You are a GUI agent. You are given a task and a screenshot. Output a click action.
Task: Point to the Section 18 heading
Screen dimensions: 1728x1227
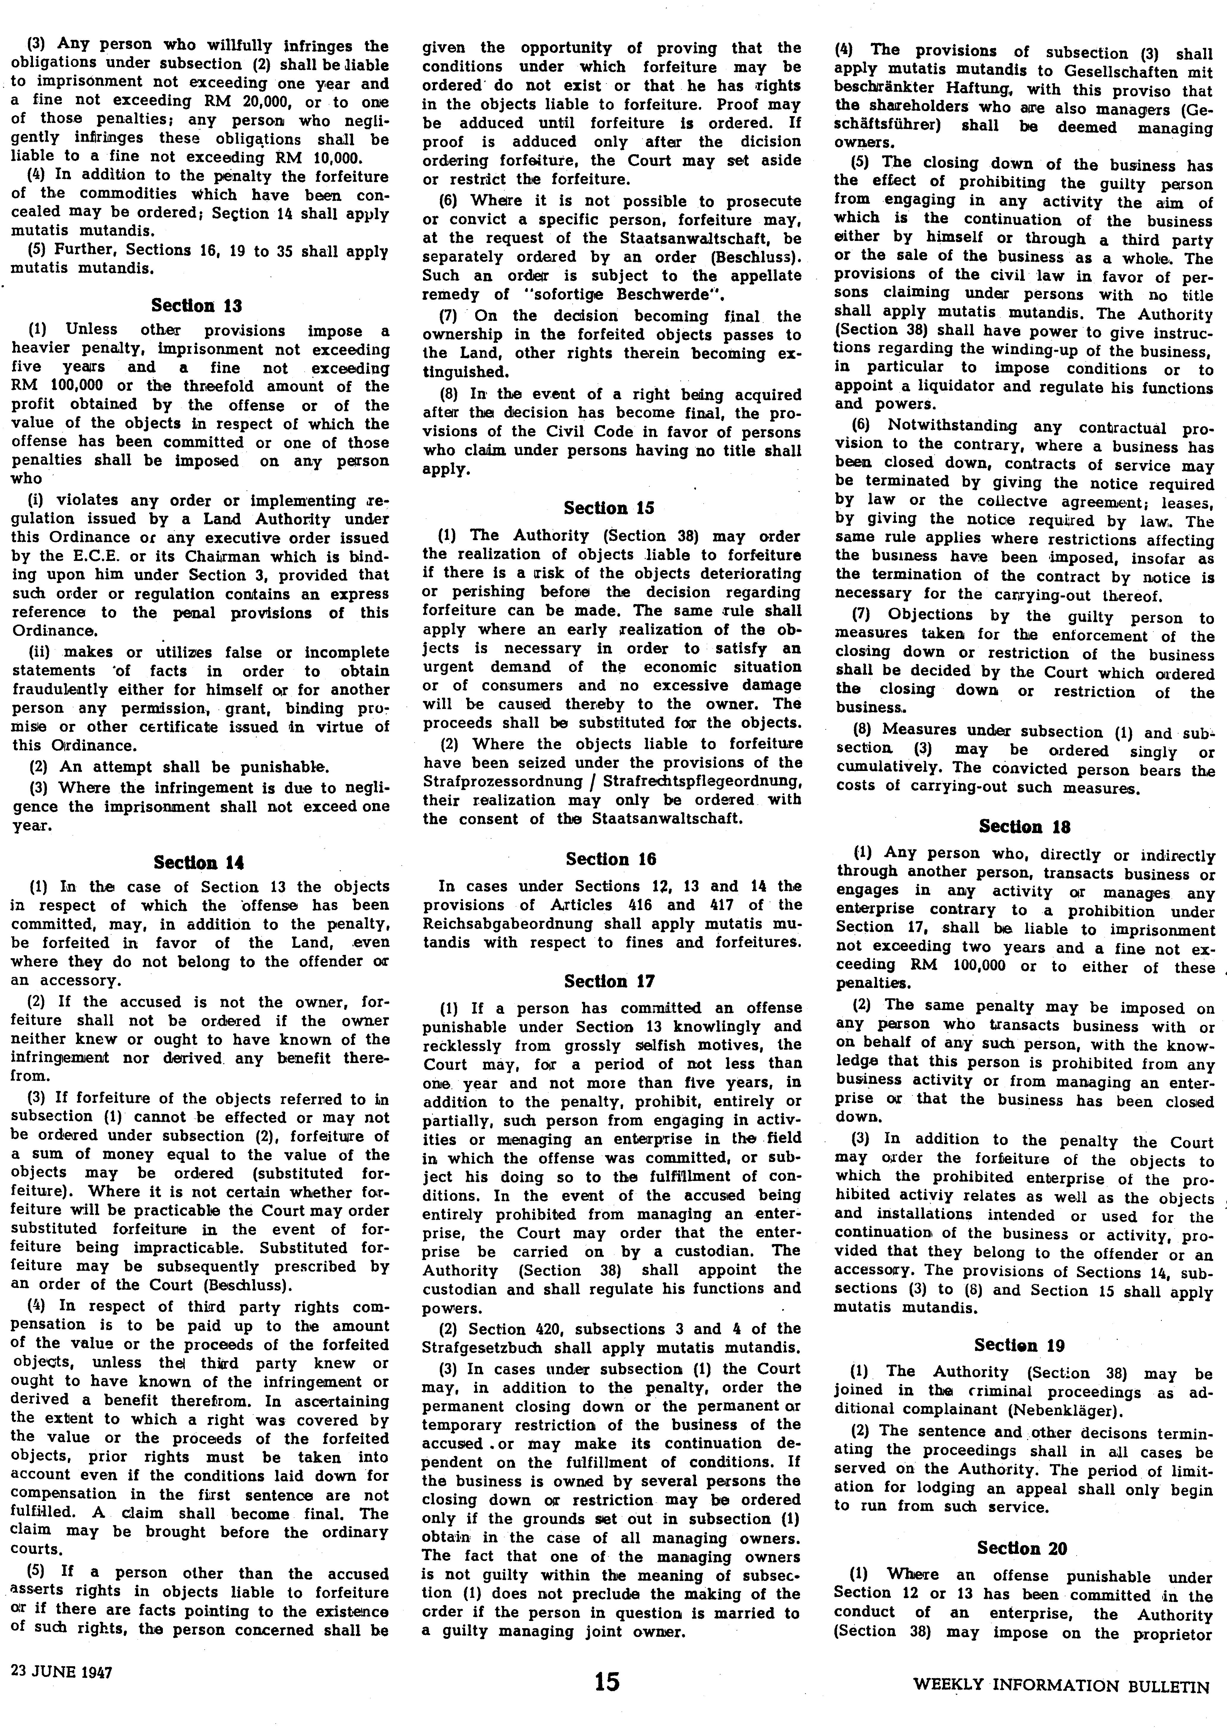point(1025,826)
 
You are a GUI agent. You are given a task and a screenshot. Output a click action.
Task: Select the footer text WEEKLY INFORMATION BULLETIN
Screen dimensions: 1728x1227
point(1061,1702)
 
